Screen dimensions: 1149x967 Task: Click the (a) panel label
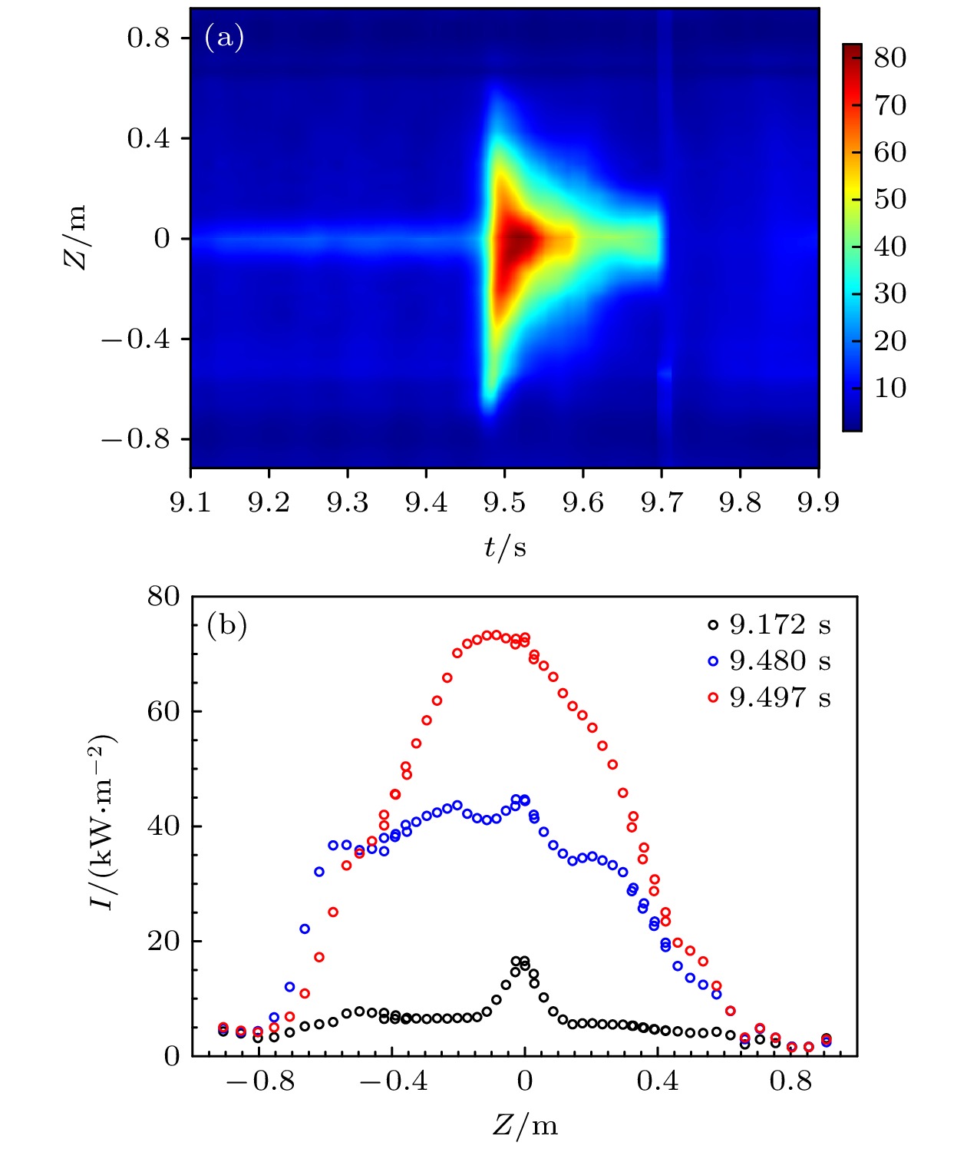click(224, 37)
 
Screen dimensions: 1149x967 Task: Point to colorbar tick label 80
click(889, 58)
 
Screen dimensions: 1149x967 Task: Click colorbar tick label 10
click(889, 388)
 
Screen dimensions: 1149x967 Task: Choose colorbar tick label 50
click(889, 199)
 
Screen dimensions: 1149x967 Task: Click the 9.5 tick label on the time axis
click(504, 502)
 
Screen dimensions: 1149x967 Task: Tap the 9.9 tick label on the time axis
click(818, 502)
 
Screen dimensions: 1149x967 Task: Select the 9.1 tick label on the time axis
click(190, 502)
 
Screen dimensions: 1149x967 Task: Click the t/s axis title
click(505, 547)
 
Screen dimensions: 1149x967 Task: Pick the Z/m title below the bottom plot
click(525, 1125)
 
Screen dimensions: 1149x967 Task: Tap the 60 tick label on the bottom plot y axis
click(163, 711)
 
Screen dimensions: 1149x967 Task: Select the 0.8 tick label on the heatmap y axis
click(148, 38)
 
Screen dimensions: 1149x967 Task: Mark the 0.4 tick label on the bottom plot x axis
click(658, 1081)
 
